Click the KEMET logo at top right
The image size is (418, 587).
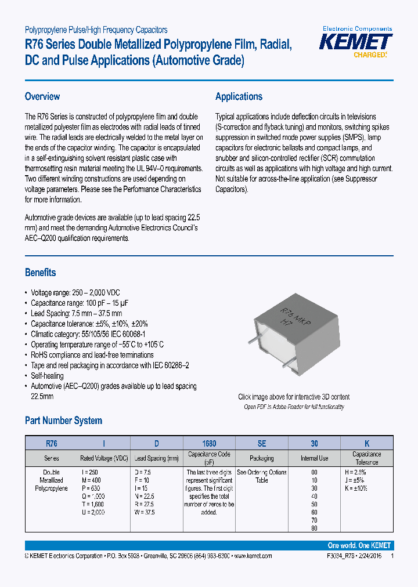(x=356, y=44)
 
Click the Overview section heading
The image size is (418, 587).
(x=42, y=96)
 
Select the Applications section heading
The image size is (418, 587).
(x=239, y=96)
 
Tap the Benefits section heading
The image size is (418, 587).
(x=40, y=272)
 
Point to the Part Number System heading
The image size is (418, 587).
(x=63, y=421)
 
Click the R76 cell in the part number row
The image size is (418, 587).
(x=51, y=443)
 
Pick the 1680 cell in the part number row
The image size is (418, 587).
(x=210, y=443)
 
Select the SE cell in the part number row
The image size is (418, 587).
(x=261, y=443)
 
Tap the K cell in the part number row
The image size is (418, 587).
(x=366, y=443)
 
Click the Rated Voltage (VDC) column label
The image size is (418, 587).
(x=104, y=458)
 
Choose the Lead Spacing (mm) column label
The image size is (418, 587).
(x=157, y=458)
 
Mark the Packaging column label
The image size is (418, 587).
(x=261, y=458)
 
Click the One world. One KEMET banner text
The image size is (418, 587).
(x=359, y=546)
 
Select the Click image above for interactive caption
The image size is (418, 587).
(x=294, y=397)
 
